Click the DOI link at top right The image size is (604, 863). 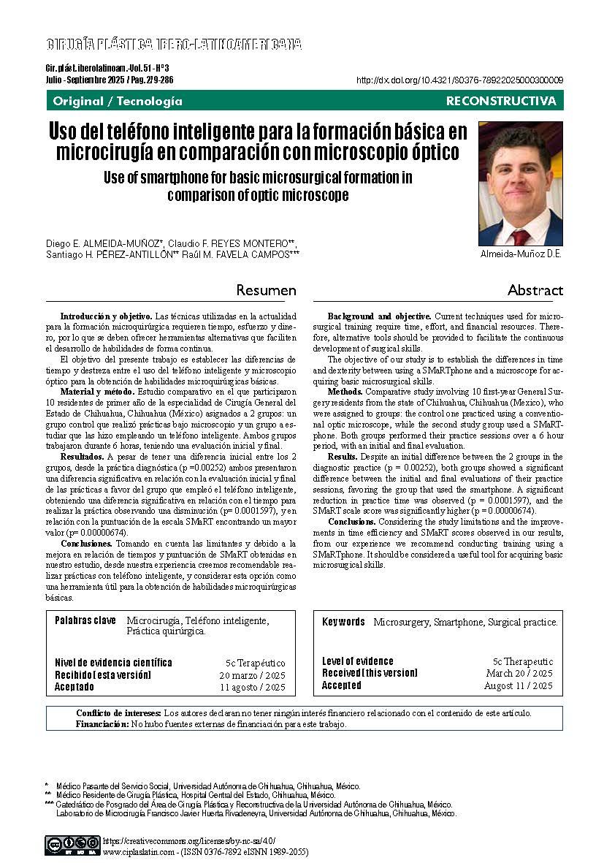[x=459, y=80]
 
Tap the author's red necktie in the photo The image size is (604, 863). [x=520, y=236]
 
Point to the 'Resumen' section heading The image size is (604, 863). [x=266, y=290]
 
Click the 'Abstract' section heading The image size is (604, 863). [x=535, y=290]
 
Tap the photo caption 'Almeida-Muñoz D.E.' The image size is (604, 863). [x=520, y=254]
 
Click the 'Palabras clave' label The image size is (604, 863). [x=85, y=620]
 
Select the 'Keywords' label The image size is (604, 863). [x=343, y=622]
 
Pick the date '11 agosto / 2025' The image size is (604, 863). [x=252, y=687]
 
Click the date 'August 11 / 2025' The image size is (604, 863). [x=519, y=685]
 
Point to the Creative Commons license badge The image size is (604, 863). [x=72, y=845]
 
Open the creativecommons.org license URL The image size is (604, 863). [x=189, y=841]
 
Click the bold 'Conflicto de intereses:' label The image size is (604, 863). [x=118, y=713]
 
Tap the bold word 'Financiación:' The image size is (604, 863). [x=102, y=724]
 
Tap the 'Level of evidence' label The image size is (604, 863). [x=358, y=661]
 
